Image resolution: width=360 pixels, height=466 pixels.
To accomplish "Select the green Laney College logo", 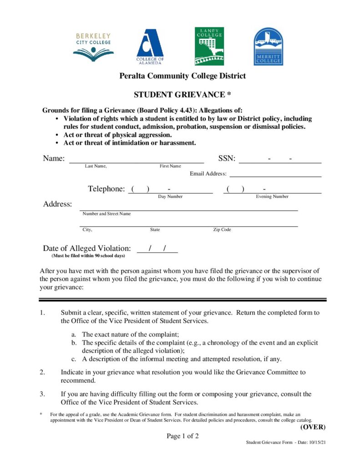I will (x=209, y=46).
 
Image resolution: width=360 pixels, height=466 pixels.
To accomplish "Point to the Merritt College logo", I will (x=268, y=46).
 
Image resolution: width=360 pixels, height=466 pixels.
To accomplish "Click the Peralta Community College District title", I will (x=182, y=76).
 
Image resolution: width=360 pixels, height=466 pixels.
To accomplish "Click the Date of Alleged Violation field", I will (x=157, y=248).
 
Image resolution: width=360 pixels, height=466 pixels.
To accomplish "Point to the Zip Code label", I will (x=222, y=230).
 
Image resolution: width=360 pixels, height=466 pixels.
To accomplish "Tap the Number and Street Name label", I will (x=106, y=213).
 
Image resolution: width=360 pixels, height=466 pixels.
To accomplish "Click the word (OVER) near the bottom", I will (x=313, y=427).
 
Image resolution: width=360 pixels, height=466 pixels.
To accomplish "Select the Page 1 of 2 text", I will (x=183, y=436).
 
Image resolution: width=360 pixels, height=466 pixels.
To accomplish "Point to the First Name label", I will (x=170, y=166).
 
